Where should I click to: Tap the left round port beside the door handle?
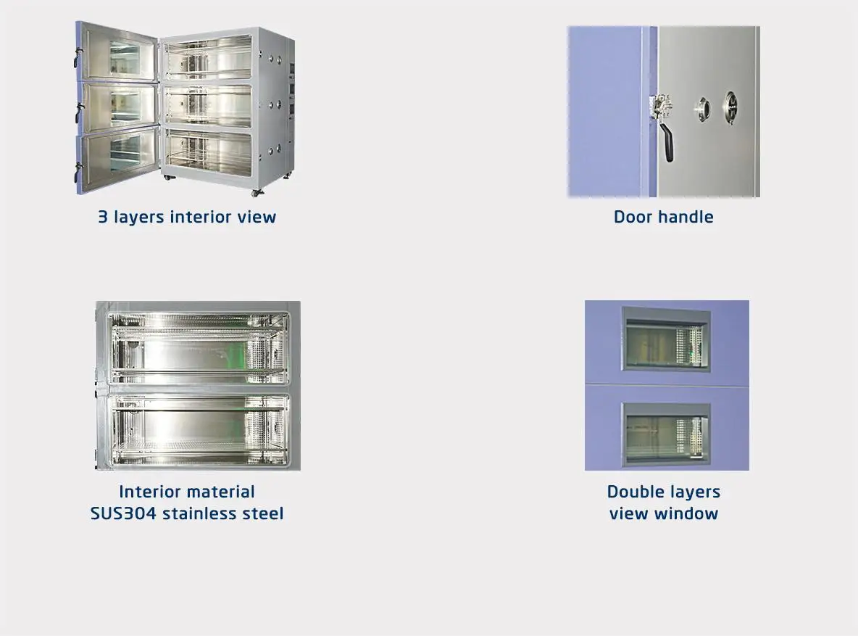[x=702, y=110]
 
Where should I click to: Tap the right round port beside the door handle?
[x=731, y=107]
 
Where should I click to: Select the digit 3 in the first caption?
[x=103, y=217]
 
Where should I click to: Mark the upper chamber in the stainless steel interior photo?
[x=198, y=347]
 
